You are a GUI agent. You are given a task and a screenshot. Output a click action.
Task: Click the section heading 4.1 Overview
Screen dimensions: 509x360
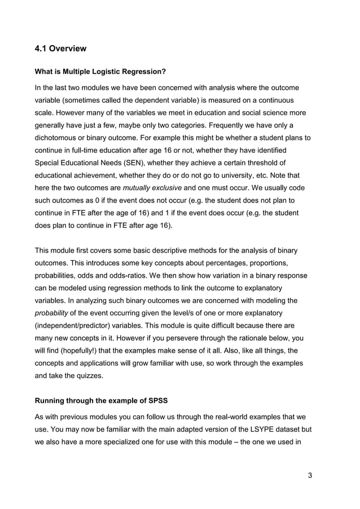(x=61, y=49)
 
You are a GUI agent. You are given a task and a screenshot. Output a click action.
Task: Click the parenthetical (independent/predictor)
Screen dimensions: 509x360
(x=81, y=326)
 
